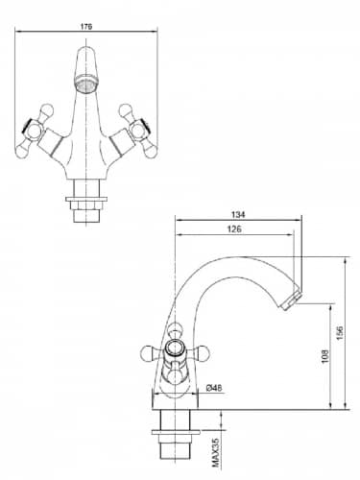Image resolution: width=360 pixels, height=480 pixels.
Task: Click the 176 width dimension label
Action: [x=86, y=27]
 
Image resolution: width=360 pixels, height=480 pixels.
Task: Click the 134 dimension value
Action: [x=238, y=214]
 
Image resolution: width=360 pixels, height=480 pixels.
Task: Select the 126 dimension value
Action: [x=234, y=229]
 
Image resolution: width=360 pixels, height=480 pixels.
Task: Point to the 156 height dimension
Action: [x=340, y=333]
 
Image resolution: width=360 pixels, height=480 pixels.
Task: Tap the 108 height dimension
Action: [x=324, y=356]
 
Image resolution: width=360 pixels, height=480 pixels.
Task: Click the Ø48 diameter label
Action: [x=214, y=388]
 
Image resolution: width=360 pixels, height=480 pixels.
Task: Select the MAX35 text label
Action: [x=216, y=452]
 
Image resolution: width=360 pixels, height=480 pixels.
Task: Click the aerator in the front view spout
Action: [x=86, y=84]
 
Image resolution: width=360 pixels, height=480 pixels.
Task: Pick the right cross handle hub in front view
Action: [x=138, y=130]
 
